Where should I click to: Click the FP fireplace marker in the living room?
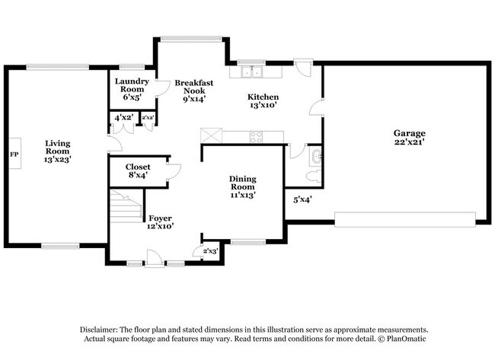coord(13,155)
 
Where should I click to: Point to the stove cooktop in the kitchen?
coord(256,137)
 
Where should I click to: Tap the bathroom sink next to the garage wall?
coord(317,157)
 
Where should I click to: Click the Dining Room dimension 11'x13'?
coord(243,194)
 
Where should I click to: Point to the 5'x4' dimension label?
coord(302,200)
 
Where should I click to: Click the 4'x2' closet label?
coord(123,118)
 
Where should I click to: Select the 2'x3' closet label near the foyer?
coord(209,250)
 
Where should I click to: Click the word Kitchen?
coord(263,97)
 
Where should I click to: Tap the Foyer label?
coord(160,218)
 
